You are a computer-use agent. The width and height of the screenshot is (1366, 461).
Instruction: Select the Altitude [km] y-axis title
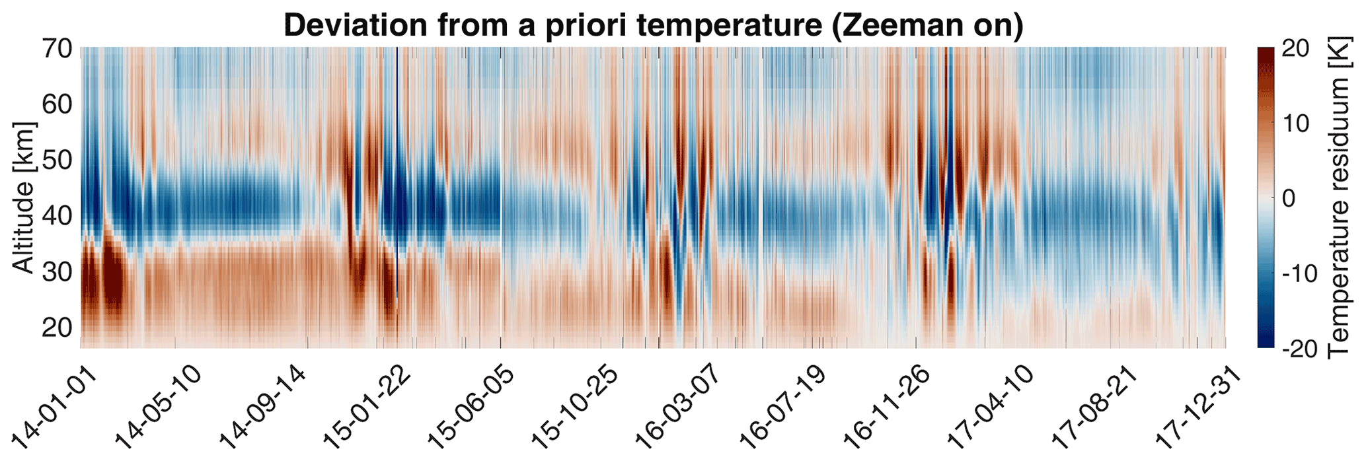pos(24,197)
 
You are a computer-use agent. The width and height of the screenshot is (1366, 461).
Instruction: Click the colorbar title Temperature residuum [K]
pos(1338,197)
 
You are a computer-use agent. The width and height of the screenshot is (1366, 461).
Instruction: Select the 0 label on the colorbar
pos(1290,197)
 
